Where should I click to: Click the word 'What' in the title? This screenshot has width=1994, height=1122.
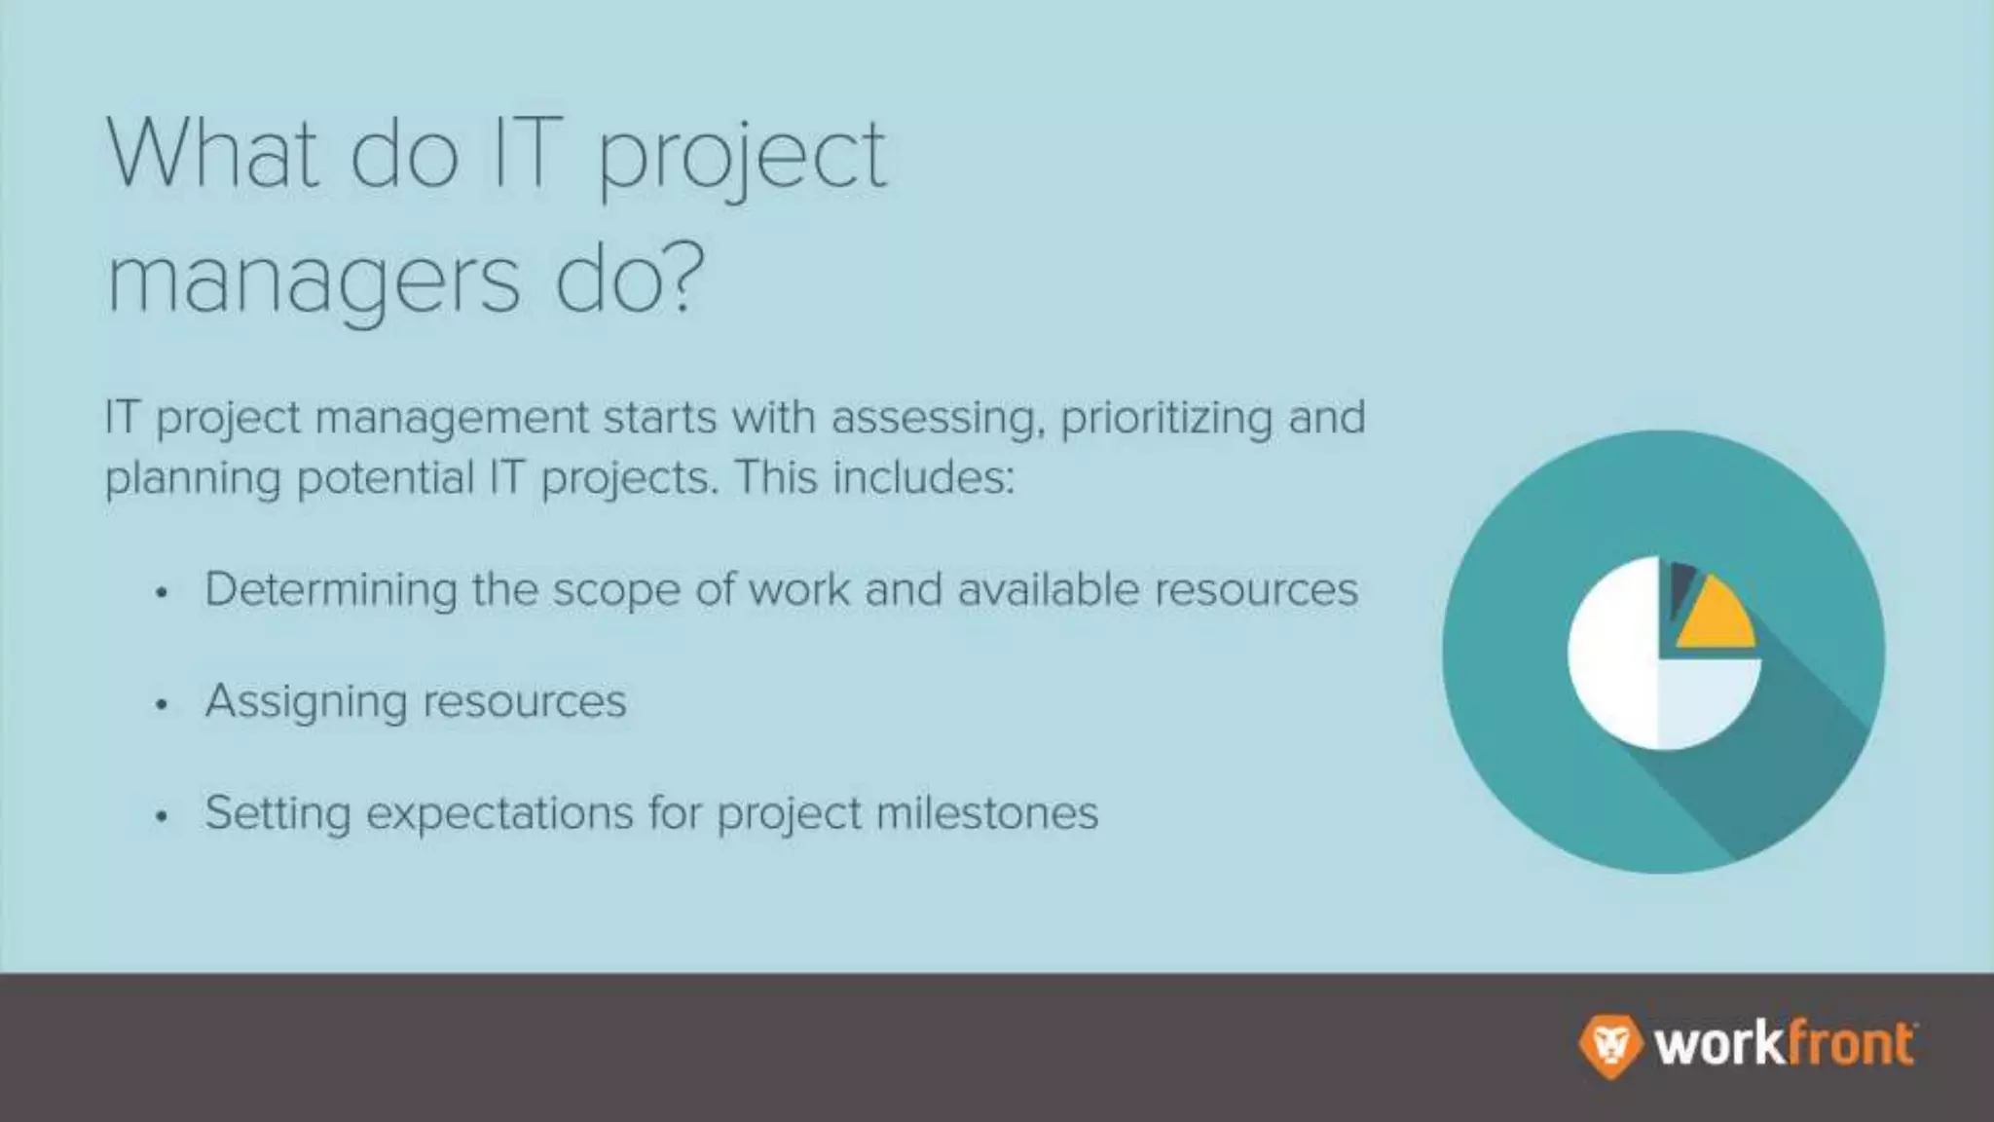pos(212,153)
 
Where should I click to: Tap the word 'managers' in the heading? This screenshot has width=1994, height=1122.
pos(314,281)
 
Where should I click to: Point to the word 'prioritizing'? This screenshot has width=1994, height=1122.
pos(1166,419)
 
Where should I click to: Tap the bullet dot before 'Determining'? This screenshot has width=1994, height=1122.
pos(162,592)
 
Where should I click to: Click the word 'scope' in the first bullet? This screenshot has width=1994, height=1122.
pos(616,590)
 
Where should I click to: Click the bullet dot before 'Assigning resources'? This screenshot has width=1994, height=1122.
pos(162,704)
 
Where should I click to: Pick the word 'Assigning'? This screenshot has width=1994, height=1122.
pos(306,703)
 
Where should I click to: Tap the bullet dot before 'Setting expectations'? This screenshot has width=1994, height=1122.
pos(162,816)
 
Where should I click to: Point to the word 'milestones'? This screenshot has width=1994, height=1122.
pos(987,813)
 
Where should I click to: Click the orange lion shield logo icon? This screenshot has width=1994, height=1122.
pos(1608,1046)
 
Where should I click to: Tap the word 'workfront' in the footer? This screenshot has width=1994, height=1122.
pos(1785,1045)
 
